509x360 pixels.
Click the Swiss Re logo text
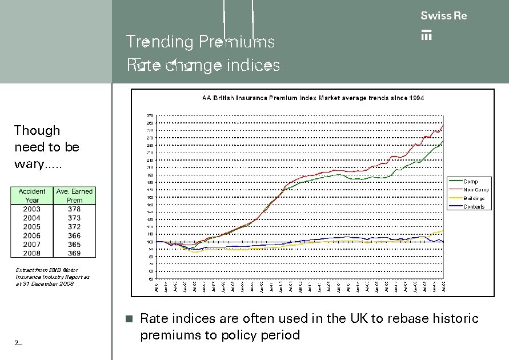443,16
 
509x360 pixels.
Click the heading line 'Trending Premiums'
200,42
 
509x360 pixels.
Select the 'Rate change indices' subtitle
204,66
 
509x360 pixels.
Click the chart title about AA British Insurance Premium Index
313,98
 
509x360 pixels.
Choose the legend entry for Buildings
474,198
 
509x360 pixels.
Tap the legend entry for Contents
474,207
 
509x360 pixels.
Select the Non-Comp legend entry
475,190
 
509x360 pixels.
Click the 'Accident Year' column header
32,195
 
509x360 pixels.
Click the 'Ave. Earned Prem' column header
74,195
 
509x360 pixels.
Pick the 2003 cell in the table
32,209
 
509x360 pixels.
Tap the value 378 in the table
74,209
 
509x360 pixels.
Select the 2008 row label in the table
32,253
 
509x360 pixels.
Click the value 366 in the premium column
74,235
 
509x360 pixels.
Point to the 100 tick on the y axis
150,242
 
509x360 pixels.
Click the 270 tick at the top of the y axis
150,115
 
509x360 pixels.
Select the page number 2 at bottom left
18,343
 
